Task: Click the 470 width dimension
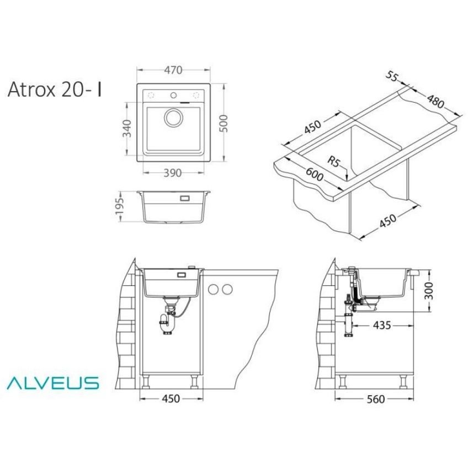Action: point(173,70)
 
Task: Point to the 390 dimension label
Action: point(173,173)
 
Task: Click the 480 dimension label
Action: point(435,102)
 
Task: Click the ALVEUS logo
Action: point(53,382)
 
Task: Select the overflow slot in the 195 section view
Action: point(184,196)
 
